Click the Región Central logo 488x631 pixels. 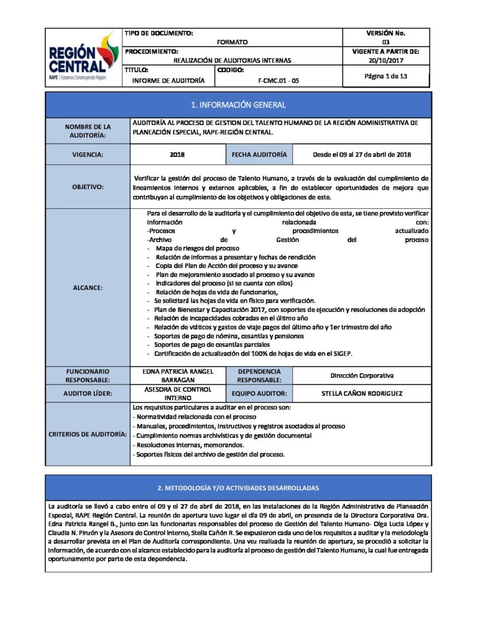point(83,57)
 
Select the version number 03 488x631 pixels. point(386,42)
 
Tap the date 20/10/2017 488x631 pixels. point(386,61)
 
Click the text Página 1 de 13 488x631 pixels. point(386,76)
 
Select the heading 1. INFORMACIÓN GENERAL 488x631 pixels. point(238,105)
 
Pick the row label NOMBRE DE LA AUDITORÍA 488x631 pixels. point(88,131)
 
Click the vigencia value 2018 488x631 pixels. point(178,155)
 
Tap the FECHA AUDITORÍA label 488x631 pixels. point(259,155)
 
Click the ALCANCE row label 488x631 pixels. point(88,288)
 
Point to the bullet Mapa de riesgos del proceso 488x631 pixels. point(193,248)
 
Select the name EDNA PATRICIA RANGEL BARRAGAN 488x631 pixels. point(178,376)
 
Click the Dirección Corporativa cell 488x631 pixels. point(362,375)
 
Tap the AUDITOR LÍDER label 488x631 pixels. point(88,393)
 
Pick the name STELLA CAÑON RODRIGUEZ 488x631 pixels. point(362,393)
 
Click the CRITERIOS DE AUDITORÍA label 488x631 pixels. point(88,435)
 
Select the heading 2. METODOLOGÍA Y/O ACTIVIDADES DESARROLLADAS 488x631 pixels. point(238,488)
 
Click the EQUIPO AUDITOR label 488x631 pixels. point(259,393)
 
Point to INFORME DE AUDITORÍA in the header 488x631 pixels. point(168,80)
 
